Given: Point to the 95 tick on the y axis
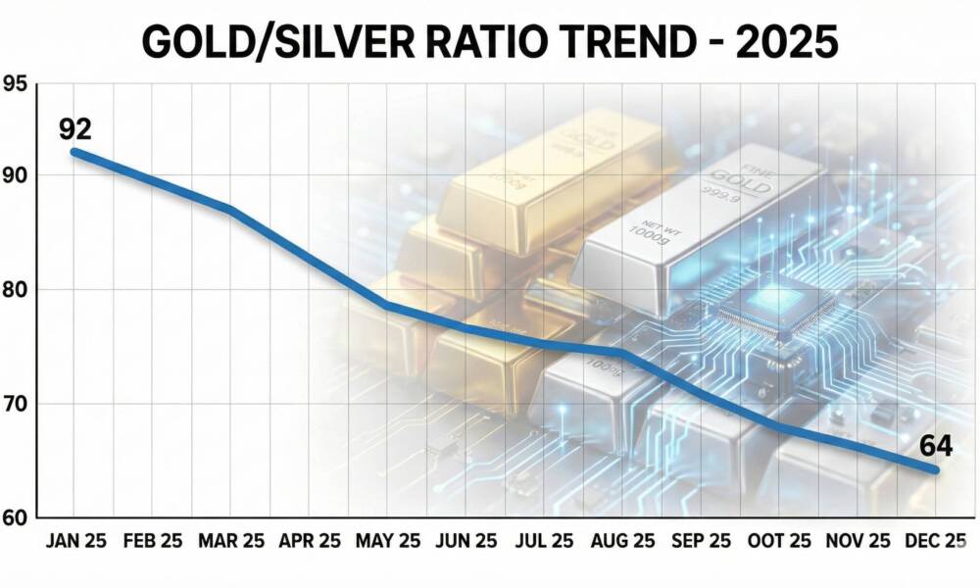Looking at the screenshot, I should click(16, 84).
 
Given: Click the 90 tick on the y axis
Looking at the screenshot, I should click(16, 175).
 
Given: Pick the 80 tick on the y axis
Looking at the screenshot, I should click(16, 290).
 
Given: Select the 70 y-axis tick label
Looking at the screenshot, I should click(16, 404).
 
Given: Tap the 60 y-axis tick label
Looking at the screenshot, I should click(16, 517).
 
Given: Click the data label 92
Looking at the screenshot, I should click(75, 129).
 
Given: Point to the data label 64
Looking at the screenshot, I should click(936, 446).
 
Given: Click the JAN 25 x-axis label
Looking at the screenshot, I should click(74, 541).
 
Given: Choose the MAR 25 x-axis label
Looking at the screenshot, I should click(231, 541).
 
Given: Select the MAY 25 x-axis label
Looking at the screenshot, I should click(388, 541).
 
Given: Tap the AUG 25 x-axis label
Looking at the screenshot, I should click(623, 541).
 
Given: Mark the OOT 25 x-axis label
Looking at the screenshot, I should click(780, 541).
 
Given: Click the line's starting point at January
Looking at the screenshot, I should click(75, 152).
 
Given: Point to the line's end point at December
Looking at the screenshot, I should click(935, 470).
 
